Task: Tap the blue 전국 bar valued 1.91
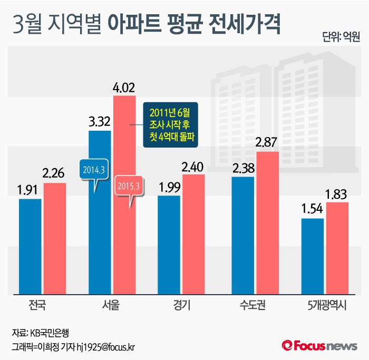(30, 246)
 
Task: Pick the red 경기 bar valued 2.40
(193, 233)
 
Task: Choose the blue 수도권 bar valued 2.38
(243, 235)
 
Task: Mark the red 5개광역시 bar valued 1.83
(337, 248)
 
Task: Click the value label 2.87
(267, 142)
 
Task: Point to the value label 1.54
(312, 209)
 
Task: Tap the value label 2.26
(55, 173)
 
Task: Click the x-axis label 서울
(111, 306)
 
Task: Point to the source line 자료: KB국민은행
(41, 333)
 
